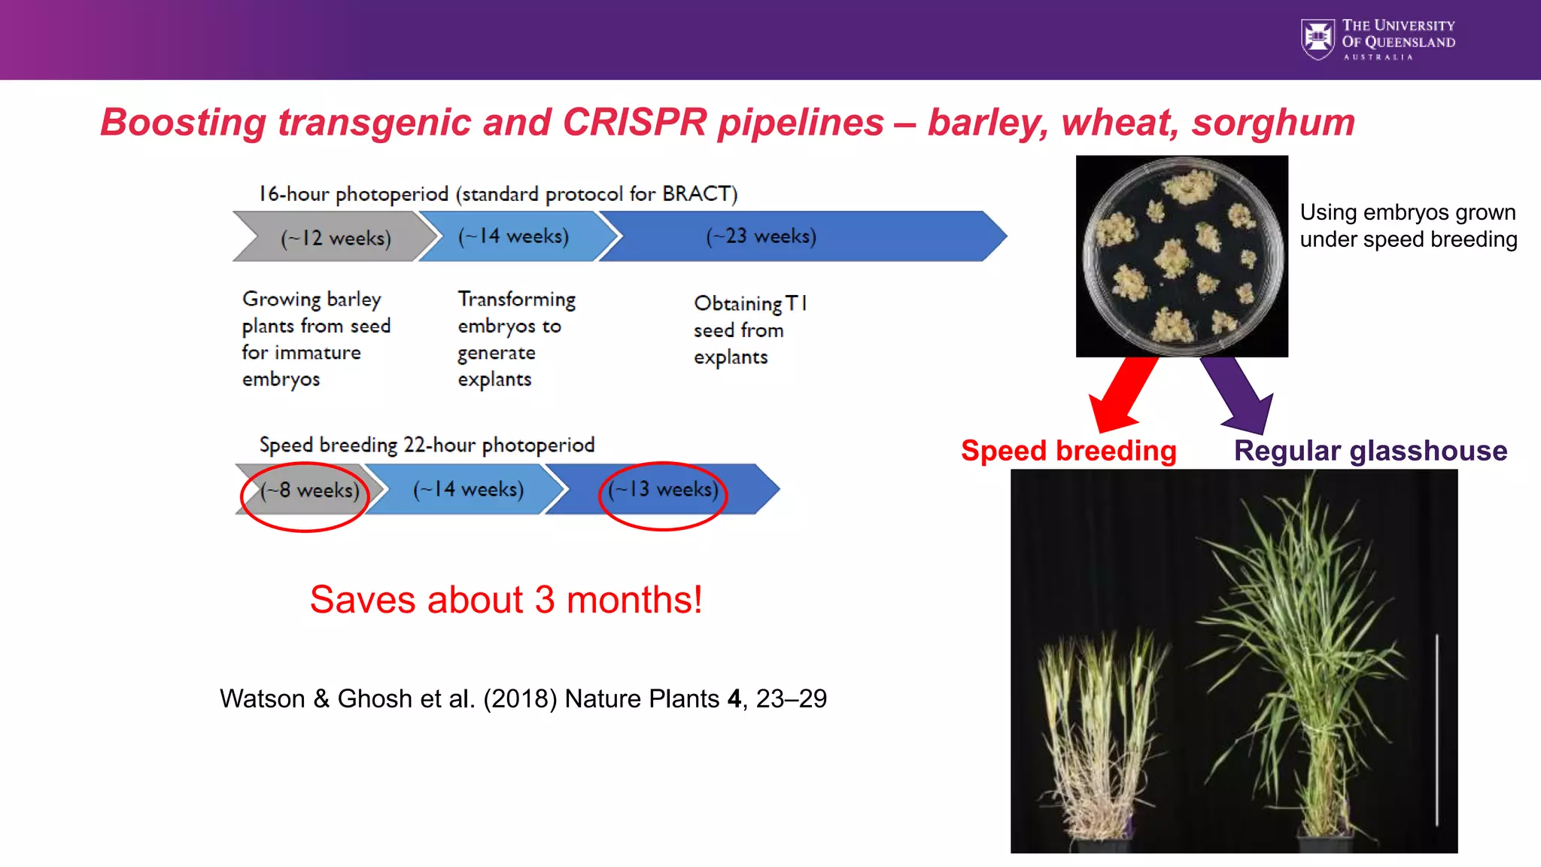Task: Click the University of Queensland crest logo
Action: point(1318,39)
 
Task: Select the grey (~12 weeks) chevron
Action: point(336,238)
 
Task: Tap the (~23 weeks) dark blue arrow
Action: point(798,236)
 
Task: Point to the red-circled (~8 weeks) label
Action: point(309,491)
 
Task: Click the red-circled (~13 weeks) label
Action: point(663,490)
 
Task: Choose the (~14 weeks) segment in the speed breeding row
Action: point(467,490)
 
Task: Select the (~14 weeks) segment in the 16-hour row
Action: point(513,237)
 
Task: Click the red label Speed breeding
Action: point(1068,451)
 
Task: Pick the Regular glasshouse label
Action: point(1370,451)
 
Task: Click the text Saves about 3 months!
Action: point(506,600)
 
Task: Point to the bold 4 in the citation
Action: point(734,699)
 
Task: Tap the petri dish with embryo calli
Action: point(1181,256)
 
